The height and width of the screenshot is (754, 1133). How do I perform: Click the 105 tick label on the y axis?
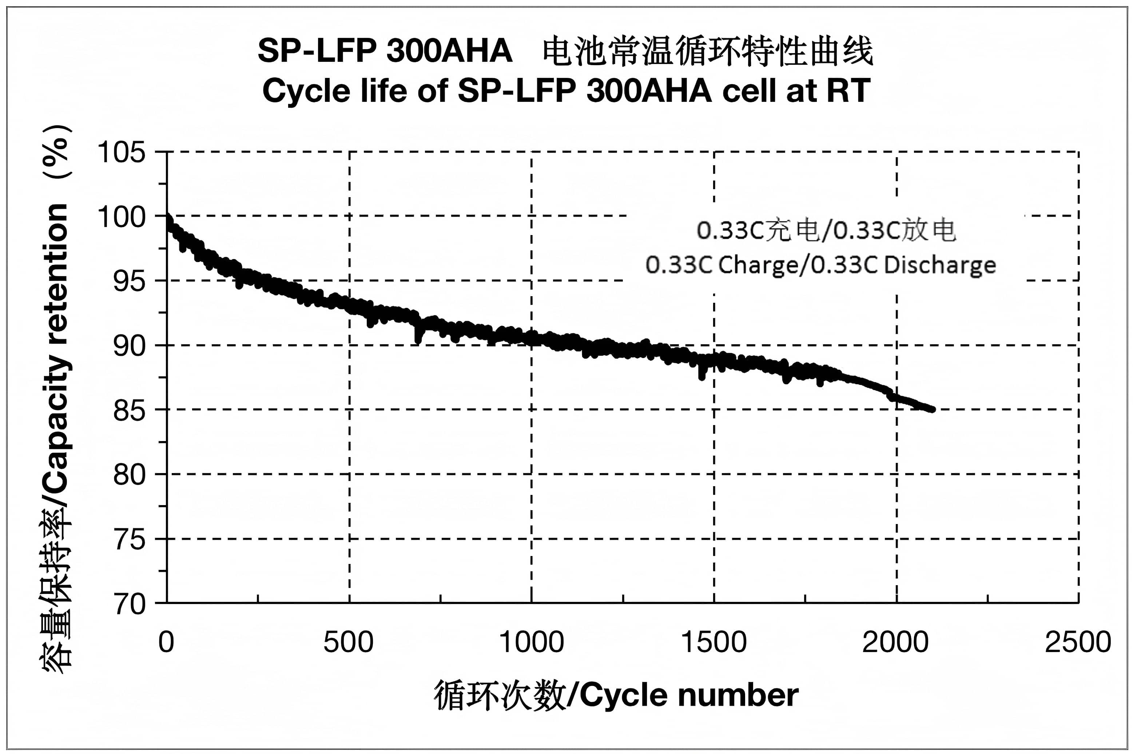(x=121, y=152)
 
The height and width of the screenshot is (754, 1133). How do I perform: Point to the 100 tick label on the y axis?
(x=121, y=217)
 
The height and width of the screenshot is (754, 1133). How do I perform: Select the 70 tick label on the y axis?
(x=129, y=604)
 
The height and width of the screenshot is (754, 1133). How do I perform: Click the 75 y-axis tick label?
(x=129, y=540)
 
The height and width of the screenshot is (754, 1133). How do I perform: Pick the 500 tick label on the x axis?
(x=349, y=642)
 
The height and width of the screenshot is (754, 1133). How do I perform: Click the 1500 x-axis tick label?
(x=714, y=642)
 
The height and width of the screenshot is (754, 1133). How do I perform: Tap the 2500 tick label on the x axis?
(x=1078, y=642)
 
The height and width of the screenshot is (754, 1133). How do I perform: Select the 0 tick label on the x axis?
(x=166, y=642)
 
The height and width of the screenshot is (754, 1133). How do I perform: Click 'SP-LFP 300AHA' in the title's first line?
(x=385, y=51)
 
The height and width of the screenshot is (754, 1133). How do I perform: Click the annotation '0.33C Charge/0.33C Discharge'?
(x=820, y=265)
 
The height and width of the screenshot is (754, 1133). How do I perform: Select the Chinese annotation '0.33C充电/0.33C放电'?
(x=826, y=230)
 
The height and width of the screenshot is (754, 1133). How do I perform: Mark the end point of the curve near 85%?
(x=932, y=409)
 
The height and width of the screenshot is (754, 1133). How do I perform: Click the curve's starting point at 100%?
(x=167, y=217)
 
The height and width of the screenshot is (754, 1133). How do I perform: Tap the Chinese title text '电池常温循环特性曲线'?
(x=708, y=51)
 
